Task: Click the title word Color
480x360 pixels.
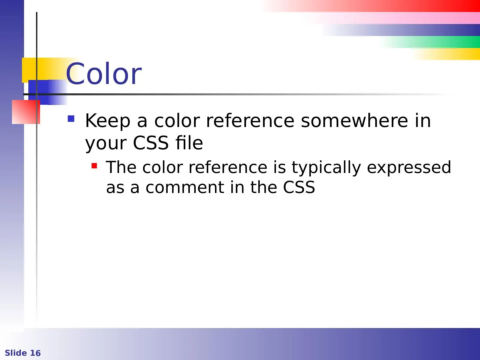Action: click(104, 73)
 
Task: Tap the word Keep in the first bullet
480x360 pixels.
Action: click(108, 121)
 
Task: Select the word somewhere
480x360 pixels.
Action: click(354, 121)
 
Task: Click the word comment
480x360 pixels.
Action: click(185, 188)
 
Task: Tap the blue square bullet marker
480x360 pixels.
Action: click(71, 119)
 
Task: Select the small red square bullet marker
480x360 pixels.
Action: click(94, 166)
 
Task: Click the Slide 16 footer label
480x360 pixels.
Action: click(23, 353)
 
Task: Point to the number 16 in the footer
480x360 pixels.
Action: click(35, 353)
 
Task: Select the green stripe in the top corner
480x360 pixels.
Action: click(431, 42)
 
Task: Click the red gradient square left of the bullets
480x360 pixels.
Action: click(26, 112)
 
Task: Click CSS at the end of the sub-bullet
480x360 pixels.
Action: click(299, 187)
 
